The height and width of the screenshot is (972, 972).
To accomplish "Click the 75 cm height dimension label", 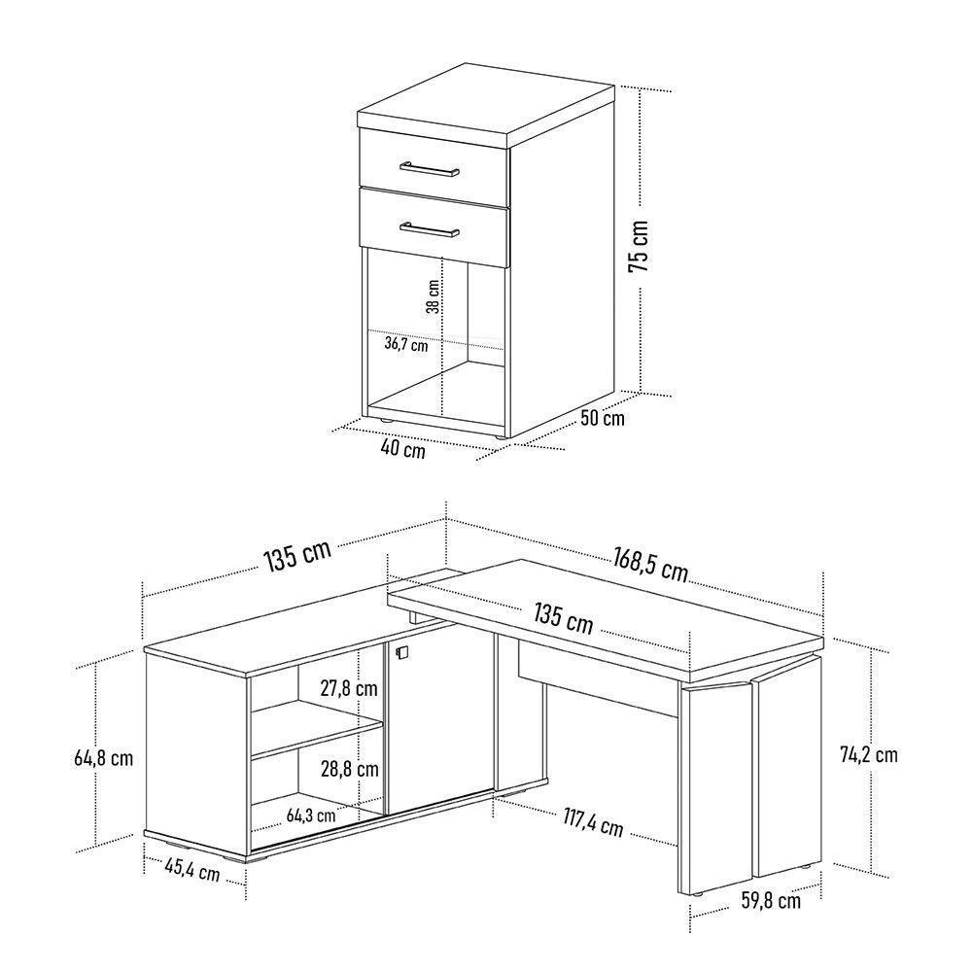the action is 639,246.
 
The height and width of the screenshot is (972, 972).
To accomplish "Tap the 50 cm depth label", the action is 603,418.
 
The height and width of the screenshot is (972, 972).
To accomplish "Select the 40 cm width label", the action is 403,448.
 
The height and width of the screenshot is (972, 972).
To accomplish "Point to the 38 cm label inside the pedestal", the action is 434,296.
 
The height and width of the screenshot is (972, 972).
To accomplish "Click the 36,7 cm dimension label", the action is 406,345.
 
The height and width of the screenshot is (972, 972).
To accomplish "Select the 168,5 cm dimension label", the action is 651,564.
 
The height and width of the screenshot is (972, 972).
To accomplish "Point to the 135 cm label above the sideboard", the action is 298,555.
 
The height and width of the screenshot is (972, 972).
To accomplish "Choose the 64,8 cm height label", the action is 104,757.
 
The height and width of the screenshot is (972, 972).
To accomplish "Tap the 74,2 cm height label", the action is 868,754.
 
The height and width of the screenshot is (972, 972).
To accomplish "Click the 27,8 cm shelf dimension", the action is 349,688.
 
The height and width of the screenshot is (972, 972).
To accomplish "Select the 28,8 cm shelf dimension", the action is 350,769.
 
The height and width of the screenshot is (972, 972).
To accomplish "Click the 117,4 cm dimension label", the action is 593,821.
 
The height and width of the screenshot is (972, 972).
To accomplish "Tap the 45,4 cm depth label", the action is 192,870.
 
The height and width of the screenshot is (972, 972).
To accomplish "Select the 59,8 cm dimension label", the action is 771,900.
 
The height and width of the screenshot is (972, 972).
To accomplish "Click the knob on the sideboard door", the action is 400,651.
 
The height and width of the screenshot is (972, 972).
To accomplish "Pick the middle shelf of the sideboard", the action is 316,731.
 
